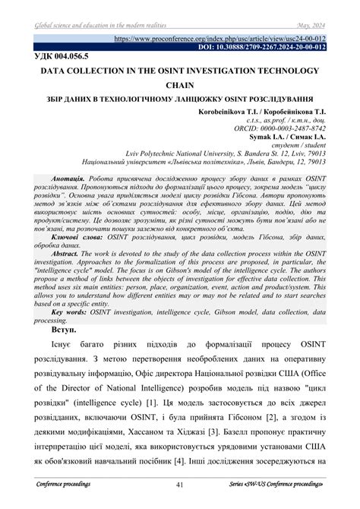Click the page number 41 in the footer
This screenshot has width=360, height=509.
[x=180, y=484]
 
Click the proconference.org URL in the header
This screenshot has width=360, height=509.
[x=219, y=37]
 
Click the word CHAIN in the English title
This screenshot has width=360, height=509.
[x=181, y=86]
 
